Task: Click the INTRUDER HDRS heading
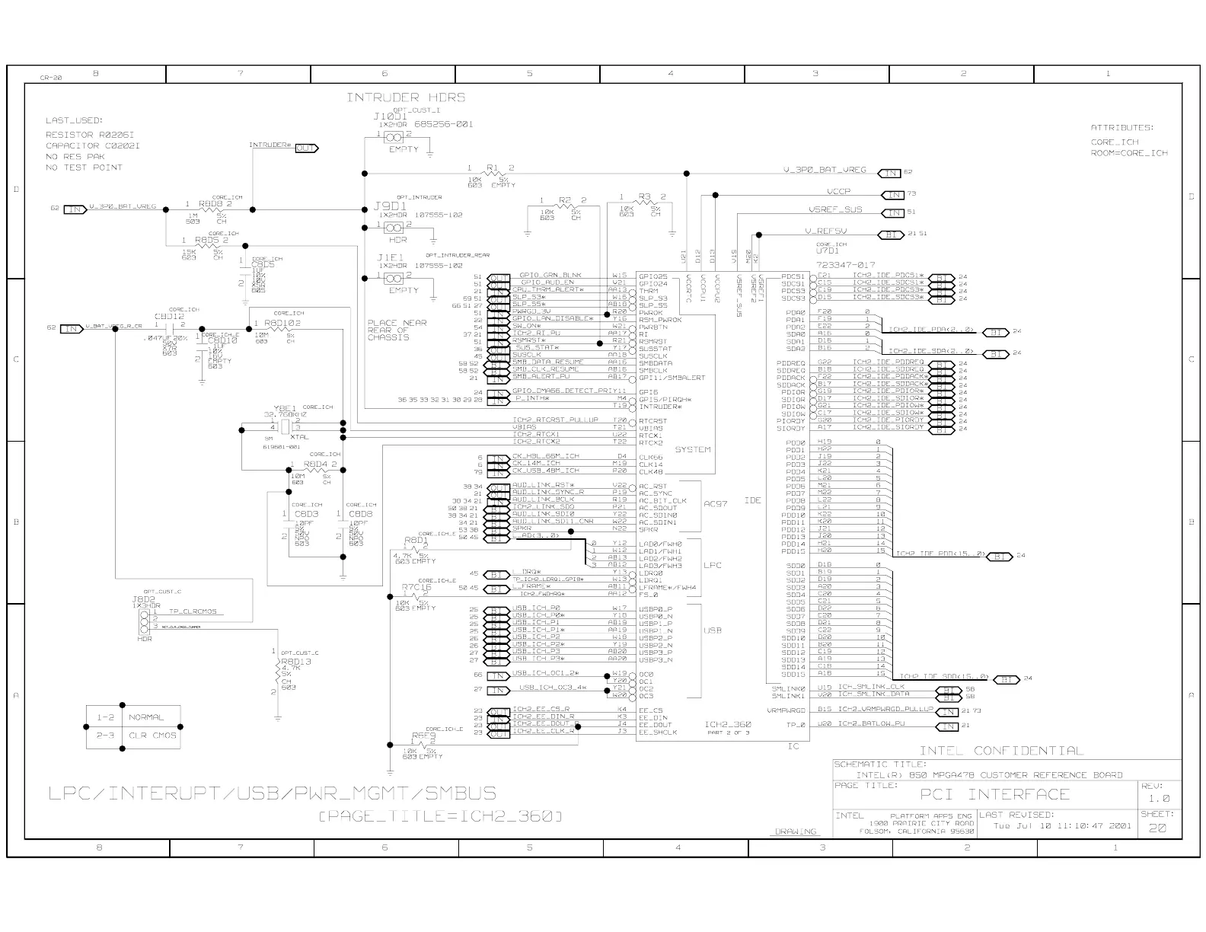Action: [406, 97]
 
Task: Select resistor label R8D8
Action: [210, 204]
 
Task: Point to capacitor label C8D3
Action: [306, 515]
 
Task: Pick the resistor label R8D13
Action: [295, 662]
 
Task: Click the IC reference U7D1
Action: [828, 250]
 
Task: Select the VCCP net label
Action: [838, 192]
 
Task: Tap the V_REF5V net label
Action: [825, 231]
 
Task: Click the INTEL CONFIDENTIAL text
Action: [1000, 751]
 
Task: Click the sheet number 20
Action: [1157, 828]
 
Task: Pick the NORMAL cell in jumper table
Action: [146, 717]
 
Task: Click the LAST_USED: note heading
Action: [74, 120]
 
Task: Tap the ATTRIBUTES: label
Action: [1122, 128]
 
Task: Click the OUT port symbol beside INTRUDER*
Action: [306, 148]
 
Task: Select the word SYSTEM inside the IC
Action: [693, 449]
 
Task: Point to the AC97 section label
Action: [716, 504]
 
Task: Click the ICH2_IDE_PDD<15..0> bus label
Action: [941, 554]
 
